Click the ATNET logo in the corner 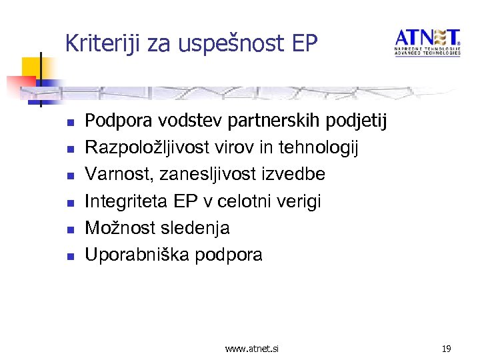click(427, 42)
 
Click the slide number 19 click(447, 348)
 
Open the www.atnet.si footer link click(252, 348)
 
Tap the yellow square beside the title click(31, 67)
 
